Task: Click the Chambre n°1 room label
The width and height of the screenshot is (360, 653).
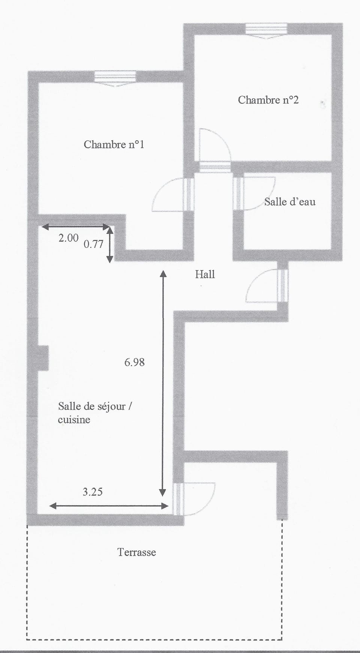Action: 114,144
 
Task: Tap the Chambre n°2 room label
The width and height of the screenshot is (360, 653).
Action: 268,100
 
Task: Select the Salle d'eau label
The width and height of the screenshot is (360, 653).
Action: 290,202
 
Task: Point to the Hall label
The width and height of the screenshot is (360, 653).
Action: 205,274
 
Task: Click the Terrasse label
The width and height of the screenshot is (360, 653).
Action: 136,552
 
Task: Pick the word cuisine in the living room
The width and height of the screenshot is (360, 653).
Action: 74,419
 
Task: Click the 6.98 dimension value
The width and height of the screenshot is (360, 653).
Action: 134,362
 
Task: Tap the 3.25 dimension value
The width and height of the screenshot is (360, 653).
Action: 93,492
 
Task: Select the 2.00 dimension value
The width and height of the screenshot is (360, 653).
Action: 69,238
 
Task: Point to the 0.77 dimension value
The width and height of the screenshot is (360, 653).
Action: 93,244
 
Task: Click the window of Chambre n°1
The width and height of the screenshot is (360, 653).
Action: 115,78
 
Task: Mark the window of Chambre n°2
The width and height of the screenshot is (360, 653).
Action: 266,30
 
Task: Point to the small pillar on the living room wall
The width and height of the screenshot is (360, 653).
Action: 43,358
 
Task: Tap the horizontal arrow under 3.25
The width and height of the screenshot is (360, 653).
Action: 109,506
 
